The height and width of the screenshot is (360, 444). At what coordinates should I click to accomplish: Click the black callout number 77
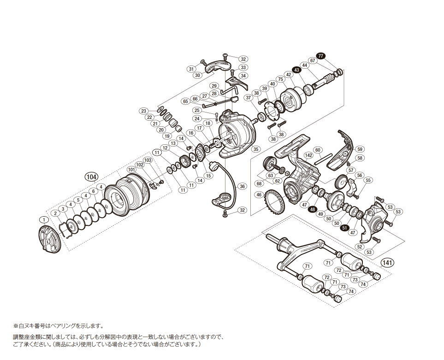321,56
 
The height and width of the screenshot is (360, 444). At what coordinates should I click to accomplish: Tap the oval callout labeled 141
388,263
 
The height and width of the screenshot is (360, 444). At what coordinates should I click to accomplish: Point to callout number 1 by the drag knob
43,219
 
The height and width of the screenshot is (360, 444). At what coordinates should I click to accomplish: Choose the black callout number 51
344,227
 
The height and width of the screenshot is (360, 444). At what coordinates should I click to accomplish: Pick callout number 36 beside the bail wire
243,186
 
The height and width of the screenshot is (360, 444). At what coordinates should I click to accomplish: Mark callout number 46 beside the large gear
259,195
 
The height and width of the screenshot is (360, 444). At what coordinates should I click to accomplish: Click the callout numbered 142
308,155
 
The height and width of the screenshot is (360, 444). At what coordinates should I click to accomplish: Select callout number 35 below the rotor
256,149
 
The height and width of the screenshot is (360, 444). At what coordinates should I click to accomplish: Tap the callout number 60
318,150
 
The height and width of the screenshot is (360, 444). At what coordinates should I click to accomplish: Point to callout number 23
144,111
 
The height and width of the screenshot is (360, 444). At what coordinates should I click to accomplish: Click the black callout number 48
313,209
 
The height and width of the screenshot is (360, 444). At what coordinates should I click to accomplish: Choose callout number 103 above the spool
148,160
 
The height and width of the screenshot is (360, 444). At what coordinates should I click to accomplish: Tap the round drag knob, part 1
48,238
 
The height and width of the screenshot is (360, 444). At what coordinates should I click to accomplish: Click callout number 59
360,149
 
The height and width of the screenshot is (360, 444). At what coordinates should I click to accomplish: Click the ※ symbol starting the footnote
15,325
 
